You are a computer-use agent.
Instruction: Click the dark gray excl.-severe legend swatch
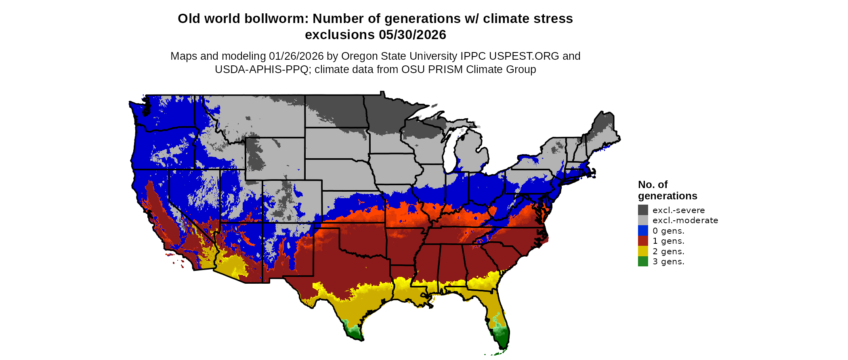(643, 210)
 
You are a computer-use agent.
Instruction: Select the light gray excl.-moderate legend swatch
(643, 220)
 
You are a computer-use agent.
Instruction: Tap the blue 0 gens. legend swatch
(643, 230)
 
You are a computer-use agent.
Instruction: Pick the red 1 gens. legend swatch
(643, 241)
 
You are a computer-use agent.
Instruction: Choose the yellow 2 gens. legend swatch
(643, 251)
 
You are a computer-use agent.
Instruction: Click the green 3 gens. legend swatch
(643, 262)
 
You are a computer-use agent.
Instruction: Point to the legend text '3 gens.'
(668, 262)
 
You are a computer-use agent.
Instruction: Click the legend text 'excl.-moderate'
(685, 220)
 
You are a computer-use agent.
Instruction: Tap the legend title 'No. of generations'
(667, 190)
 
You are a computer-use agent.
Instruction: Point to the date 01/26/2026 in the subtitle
(296, 56)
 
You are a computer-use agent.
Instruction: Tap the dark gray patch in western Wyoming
(255, 157)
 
